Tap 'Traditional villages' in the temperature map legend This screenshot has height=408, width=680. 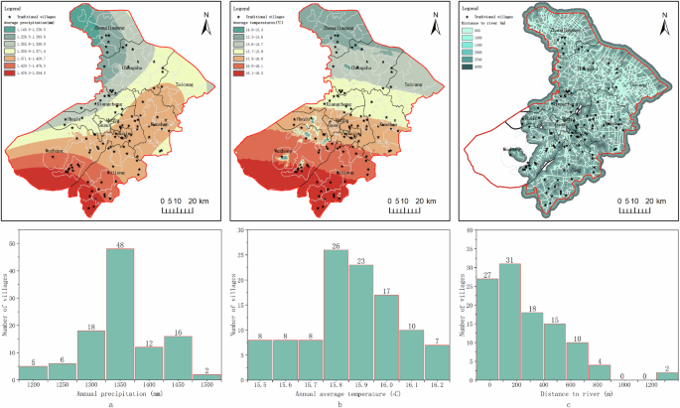tap(263, 18)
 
